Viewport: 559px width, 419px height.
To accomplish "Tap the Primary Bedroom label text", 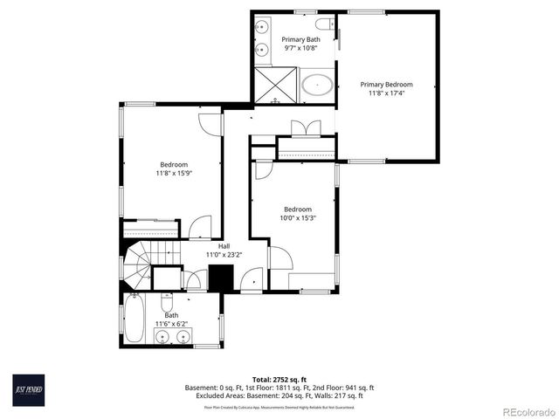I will (x=386, y=85).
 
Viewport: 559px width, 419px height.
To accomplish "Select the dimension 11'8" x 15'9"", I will (x=173, y=173).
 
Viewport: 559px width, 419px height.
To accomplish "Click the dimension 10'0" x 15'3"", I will (x=297, y=217).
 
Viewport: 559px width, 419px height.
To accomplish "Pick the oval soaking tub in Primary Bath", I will (x=317, y=86).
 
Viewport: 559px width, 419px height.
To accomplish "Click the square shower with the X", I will (x=275, y=86).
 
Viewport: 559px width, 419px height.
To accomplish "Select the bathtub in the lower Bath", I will (x=135, y=319).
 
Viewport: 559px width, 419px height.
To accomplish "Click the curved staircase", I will (x=138, y=267).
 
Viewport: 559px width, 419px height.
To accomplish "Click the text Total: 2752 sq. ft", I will (x=279, y=379).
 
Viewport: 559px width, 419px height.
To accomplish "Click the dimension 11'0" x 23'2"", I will (x=224, y=254).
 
